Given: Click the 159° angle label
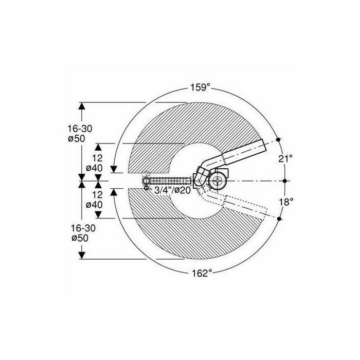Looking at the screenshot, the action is coord(201,87).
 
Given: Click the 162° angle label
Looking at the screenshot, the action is coord(202,273).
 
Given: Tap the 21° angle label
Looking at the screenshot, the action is coord(285,158).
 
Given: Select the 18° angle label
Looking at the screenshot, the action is coord(286,202).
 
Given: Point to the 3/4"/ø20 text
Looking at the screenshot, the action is coord(172,190).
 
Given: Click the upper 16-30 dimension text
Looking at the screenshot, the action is coord(80,129).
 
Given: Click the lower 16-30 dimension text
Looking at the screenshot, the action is coord(83,228).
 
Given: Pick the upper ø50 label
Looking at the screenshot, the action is coord(77,139).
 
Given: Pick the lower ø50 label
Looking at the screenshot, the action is coord(80,238).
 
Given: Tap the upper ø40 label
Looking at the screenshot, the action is coord(94,168).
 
